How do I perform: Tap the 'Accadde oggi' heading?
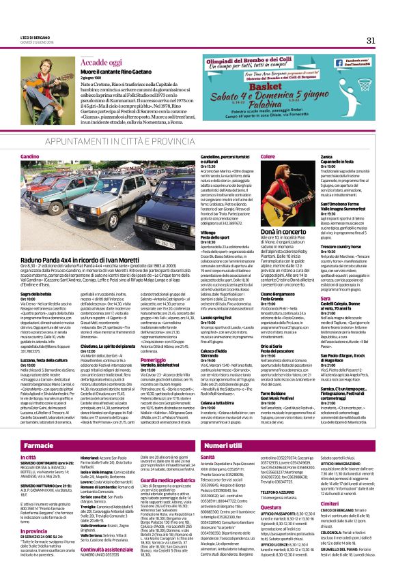point(100,62)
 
